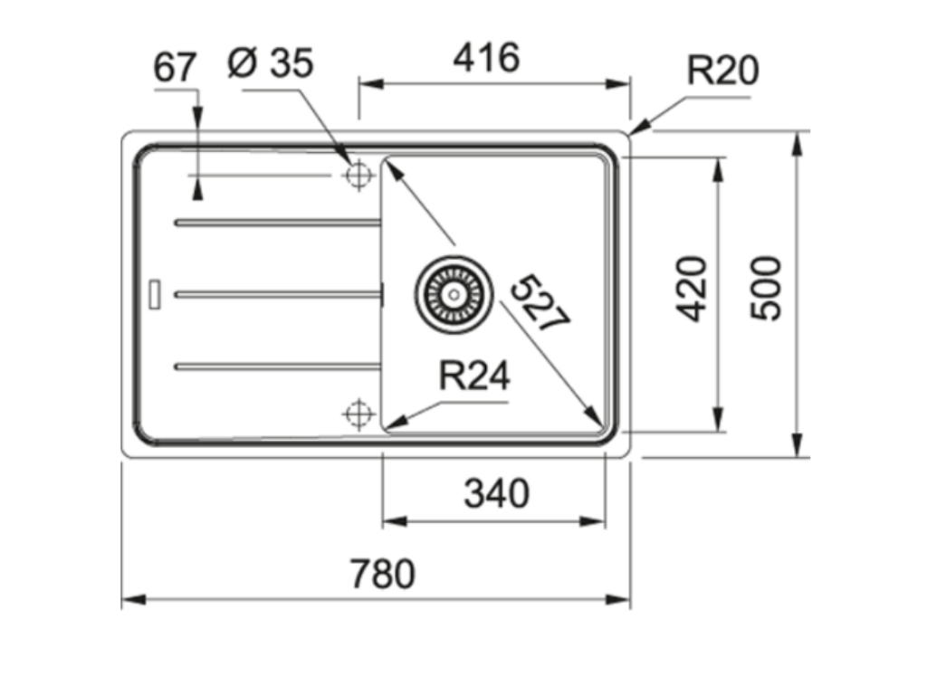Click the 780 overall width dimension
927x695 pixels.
tap(382, 574)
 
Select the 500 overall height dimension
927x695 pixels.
tap(767, 288)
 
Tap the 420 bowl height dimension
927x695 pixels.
tap(693, 288)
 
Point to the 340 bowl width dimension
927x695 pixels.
tap(496, 494)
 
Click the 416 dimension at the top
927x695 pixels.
tap(486, 59)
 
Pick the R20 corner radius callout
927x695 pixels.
tap(722, 71)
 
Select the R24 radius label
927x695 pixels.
tap(474, 376)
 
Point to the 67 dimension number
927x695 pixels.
tap(175, 68)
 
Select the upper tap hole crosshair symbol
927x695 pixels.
tap(358, 174)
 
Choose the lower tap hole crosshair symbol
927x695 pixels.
tap(358, 414)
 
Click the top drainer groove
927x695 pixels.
tap(277, 221)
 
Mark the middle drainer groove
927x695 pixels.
tap(277, 293)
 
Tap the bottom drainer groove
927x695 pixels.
tap(277, 366)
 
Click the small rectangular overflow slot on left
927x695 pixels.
tap(154, 294)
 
